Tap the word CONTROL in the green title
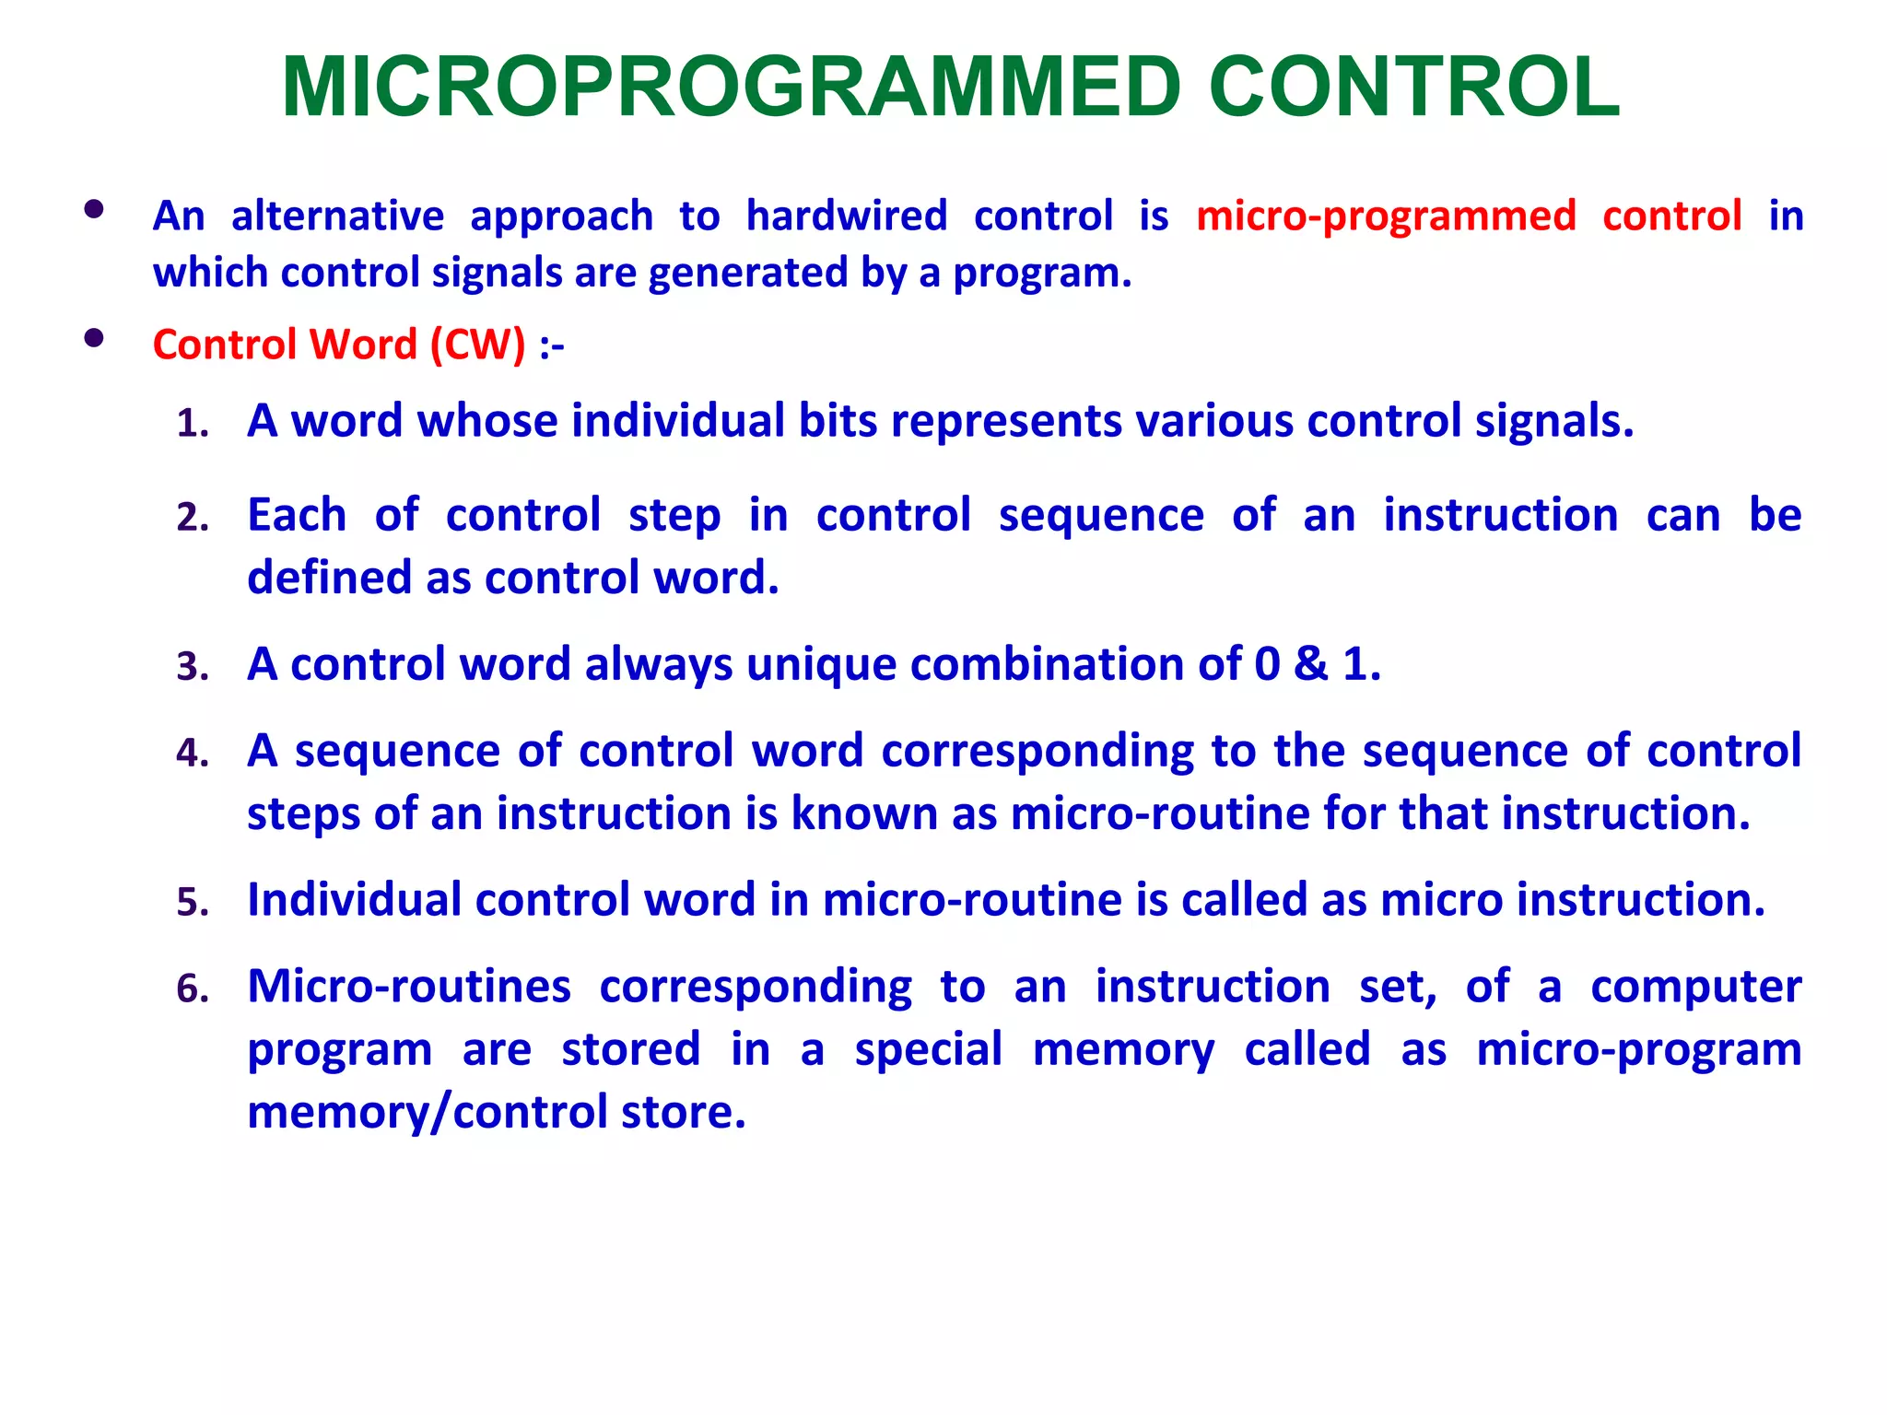[1413, 88]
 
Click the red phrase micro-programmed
[1386, 216]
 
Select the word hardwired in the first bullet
[846, 216]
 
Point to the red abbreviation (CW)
[477, 345]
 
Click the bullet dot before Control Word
[93, 338]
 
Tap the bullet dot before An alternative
[93, 209]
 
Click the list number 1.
[193, 424]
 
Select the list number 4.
[193, 754]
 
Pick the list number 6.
[193, 989]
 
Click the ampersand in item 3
[1310, 663]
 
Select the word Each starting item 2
[297, 515]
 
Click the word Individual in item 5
[354, 900]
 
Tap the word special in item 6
[928, 1050]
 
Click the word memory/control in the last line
[428, 1113]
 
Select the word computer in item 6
[1695, 988]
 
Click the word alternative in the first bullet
[337, 216]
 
